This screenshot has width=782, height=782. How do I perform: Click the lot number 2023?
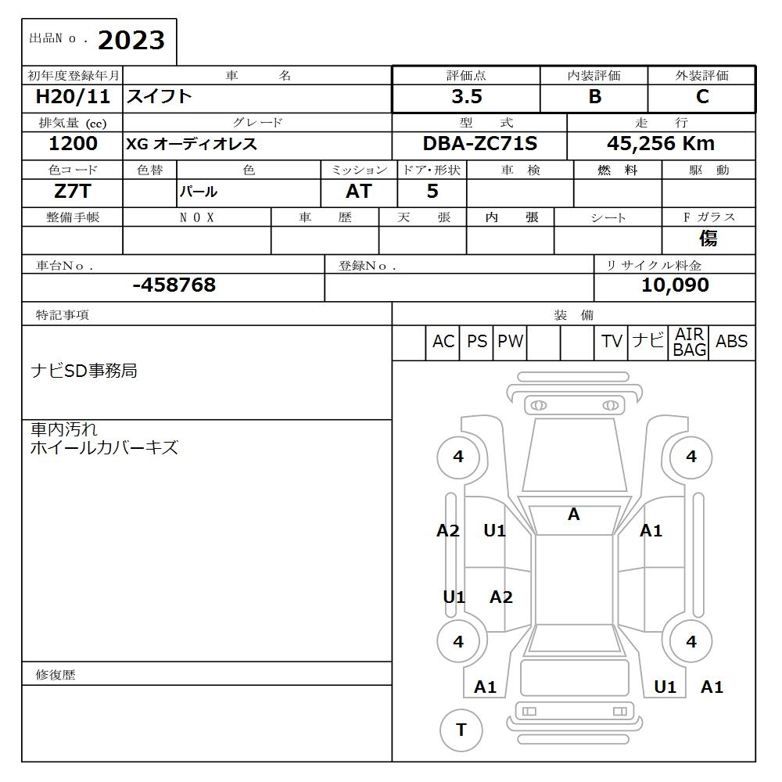pos(131,41)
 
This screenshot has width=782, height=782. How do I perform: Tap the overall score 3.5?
pos(466,97)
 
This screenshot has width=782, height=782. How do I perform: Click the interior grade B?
pos(594,97)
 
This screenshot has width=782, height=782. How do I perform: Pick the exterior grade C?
pos(702,97)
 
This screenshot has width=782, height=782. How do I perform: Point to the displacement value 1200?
pos(73,143)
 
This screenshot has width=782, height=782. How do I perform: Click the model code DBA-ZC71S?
pos(480,144)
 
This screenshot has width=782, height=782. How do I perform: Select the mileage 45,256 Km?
pos(661,144)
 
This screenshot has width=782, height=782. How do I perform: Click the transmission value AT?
pos(358,192)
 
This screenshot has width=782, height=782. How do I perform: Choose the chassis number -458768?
pos(174,285)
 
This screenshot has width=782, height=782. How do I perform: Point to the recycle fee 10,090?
pos(675,285)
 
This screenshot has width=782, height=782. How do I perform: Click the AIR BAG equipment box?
pos(690,343)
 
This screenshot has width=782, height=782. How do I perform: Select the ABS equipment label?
pos(731,342)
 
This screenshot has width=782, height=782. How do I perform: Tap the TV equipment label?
pos(612,342)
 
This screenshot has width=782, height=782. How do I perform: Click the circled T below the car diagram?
pos(461,730)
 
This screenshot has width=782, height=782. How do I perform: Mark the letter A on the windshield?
pos(573,515)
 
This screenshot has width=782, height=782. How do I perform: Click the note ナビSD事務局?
pos(84,371)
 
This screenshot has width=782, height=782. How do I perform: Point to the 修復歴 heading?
pos(56,674)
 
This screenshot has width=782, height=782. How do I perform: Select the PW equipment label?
pos(510,342)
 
